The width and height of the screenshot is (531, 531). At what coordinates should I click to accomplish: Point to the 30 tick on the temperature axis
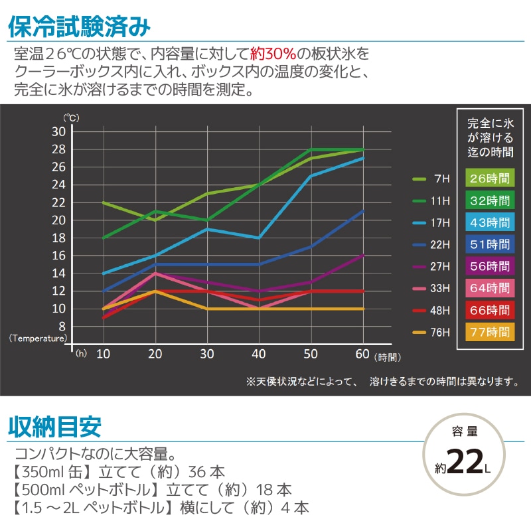pyautogui.click(x=58, y=131)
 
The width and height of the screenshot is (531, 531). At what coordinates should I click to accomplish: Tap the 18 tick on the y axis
pyautogui.click(x=58, y=238)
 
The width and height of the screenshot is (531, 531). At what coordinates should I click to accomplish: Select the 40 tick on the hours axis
pyautogui.click(x=260, y=354)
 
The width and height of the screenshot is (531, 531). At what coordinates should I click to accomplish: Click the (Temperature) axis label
pyautogui.click(x=38, y=337)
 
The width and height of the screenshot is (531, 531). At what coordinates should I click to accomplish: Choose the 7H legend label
pyautogui.click(x=441, y=179)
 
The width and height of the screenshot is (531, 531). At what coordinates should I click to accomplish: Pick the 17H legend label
pyautogui.click(x=441, y=223)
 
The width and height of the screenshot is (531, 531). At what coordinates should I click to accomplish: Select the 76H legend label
pyautogui.click(x=441, y=332)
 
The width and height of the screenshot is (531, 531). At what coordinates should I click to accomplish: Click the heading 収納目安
pyautogui.click(x=54, y=426)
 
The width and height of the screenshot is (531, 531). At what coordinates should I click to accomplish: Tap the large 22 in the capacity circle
pyautogui.click(x=465, y=462)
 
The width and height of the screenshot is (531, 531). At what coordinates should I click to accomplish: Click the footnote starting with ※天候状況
pyautogui.click(x=382, y=382)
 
